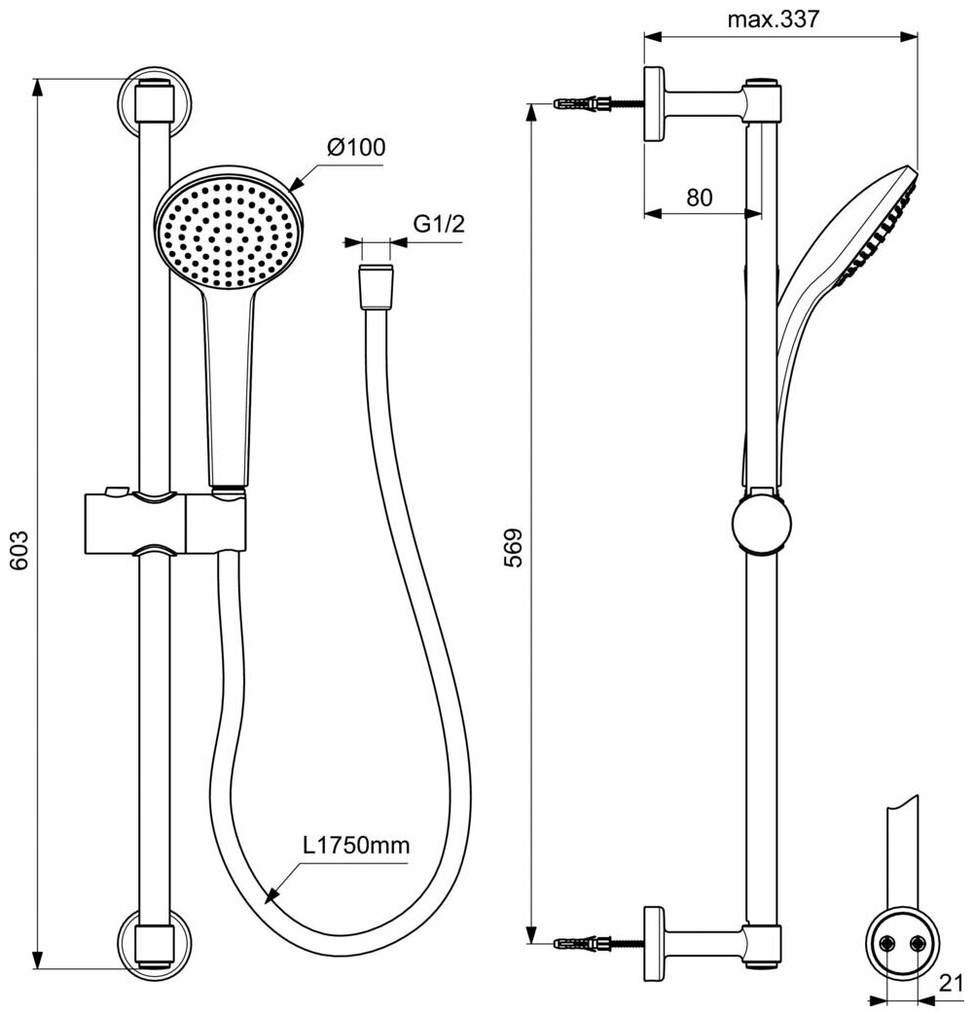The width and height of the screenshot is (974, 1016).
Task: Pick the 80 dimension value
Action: point(699,198)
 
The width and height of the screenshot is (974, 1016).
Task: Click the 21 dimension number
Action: point(954,984)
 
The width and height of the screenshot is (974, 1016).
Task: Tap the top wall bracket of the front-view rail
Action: point(155,102)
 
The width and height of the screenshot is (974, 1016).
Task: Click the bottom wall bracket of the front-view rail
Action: point(155,942)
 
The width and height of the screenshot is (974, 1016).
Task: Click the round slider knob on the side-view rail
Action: point(761,526)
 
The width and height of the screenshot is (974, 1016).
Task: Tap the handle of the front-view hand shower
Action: point(230,380)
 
